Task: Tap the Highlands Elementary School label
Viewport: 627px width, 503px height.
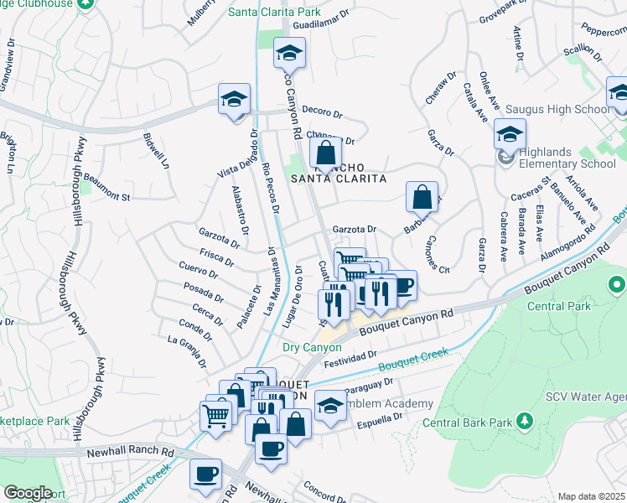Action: [567, 158]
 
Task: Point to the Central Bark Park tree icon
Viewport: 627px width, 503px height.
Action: [525, 419]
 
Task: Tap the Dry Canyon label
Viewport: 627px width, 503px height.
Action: [312, 347]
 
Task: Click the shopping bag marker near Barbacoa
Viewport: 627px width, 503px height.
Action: [422, 198]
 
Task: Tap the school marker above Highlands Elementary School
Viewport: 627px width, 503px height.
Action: [510, 134]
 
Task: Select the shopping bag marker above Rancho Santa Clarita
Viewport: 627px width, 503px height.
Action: [326, 153]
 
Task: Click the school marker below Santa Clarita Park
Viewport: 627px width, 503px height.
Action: [289, 54]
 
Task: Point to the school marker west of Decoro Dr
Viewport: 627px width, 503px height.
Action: [234, 99]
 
